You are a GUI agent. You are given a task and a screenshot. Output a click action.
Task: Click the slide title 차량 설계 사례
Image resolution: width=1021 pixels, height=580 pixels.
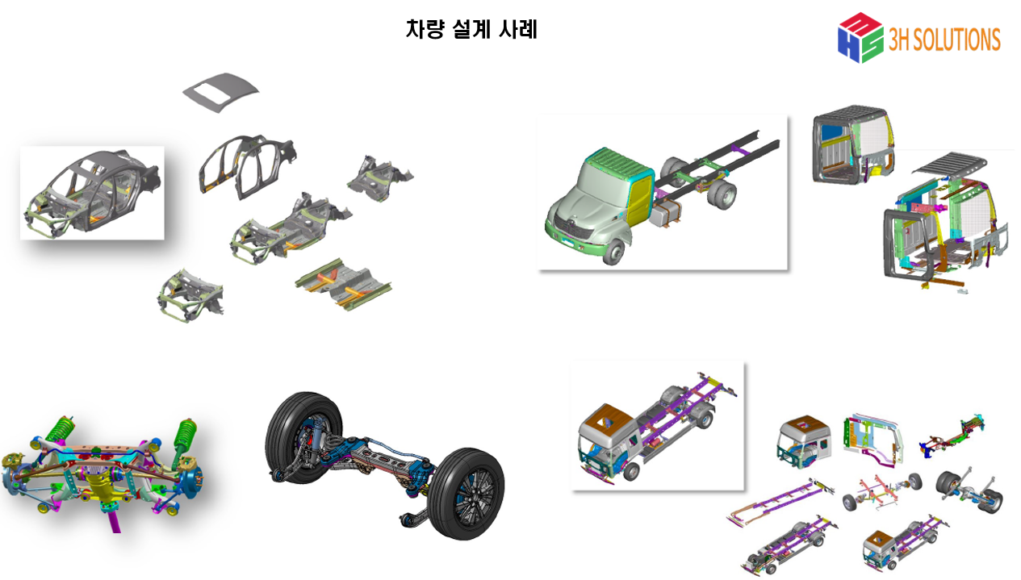(471, 31)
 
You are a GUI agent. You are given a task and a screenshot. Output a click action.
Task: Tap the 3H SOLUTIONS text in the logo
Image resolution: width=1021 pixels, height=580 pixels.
(944, 40)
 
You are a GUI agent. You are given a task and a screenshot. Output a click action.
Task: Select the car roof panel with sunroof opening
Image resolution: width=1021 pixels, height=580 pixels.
(221, 89)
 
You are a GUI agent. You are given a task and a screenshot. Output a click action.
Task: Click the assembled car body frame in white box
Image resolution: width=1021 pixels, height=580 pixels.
(92, 193)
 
